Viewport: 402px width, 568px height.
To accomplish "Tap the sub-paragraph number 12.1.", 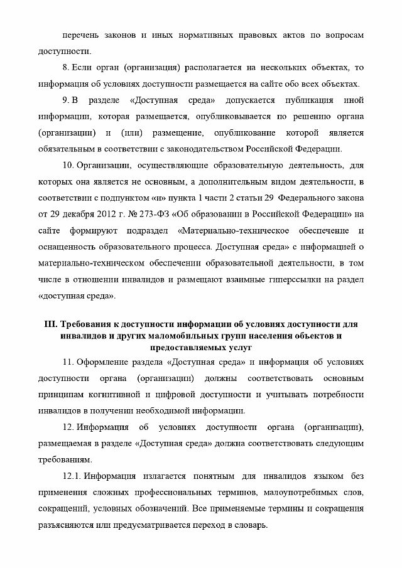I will click(x=72, y=476).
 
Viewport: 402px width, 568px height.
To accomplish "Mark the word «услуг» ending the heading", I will click(x=238, y=346).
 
